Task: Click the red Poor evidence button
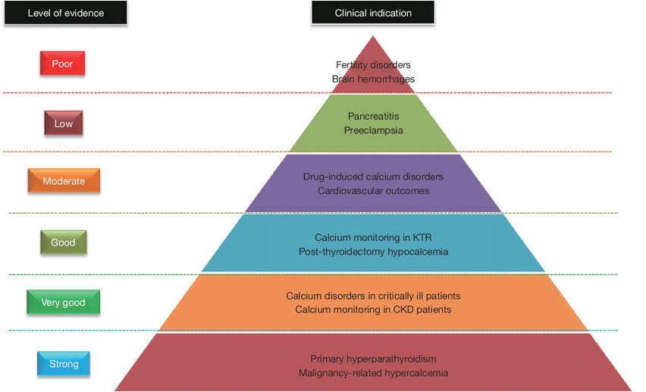point(62,64)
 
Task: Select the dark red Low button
point(63,123)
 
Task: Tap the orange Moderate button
point(64,181)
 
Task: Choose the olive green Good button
point(63,243)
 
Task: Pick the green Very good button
point(63,302)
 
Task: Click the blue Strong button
point(64,364)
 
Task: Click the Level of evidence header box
point(65,13)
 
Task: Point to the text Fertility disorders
point(373,65)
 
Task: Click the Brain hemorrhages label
point(373,79)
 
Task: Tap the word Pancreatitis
point(373,116)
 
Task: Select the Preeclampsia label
point(373,130)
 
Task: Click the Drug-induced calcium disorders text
point(373,177)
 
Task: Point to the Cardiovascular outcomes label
point(373,190)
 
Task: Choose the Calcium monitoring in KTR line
point(373,237)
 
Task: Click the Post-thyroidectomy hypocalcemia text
point(373,251)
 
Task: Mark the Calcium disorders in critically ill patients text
point(373,296)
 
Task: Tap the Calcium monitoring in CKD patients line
point(373,309)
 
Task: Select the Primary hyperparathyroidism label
point(373,359)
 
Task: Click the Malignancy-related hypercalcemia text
point(373,372)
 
